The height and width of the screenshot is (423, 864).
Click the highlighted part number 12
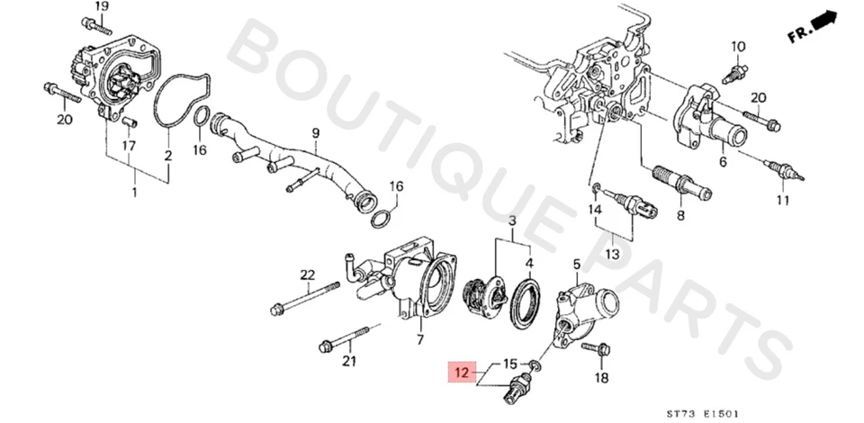click(461, 372)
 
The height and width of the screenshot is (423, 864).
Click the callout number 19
click(102, 7)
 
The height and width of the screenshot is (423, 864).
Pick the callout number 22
click(307, 274)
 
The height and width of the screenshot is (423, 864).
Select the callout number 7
click(419, 339)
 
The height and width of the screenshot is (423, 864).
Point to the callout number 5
click(576, 263)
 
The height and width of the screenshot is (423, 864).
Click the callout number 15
click(509, 364)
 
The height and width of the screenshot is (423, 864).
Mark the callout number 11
click(783, 200)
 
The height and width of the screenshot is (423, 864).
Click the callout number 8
click(679, 216)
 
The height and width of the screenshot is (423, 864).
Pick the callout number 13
click(612, 254)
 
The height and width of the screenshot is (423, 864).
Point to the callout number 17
click(129, 145)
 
